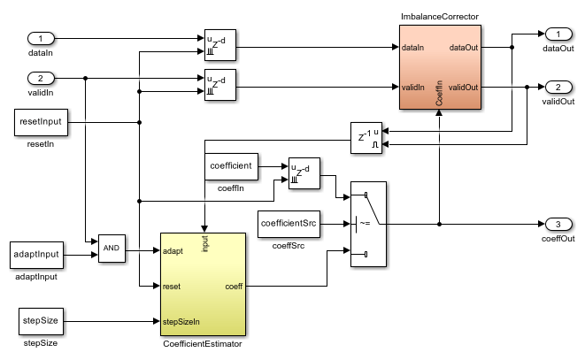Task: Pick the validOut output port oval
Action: coord(558,88)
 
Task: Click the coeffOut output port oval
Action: coord(558,222)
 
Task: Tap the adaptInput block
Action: coord(37,255)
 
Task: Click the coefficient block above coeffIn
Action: coord(233,165)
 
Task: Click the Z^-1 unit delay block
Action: coord(363,137)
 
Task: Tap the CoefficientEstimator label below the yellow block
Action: coord(203,342)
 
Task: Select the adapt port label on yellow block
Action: coord(174,251)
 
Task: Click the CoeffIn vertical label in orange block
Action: coord(440,96)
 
